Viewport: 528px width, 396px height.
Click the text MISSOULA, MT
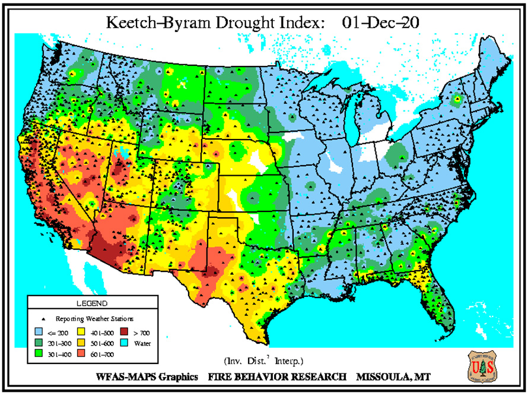(x=394, y=377)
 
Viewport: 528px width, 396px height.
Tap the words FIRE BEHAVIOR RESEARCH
(x=277, y=377)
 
